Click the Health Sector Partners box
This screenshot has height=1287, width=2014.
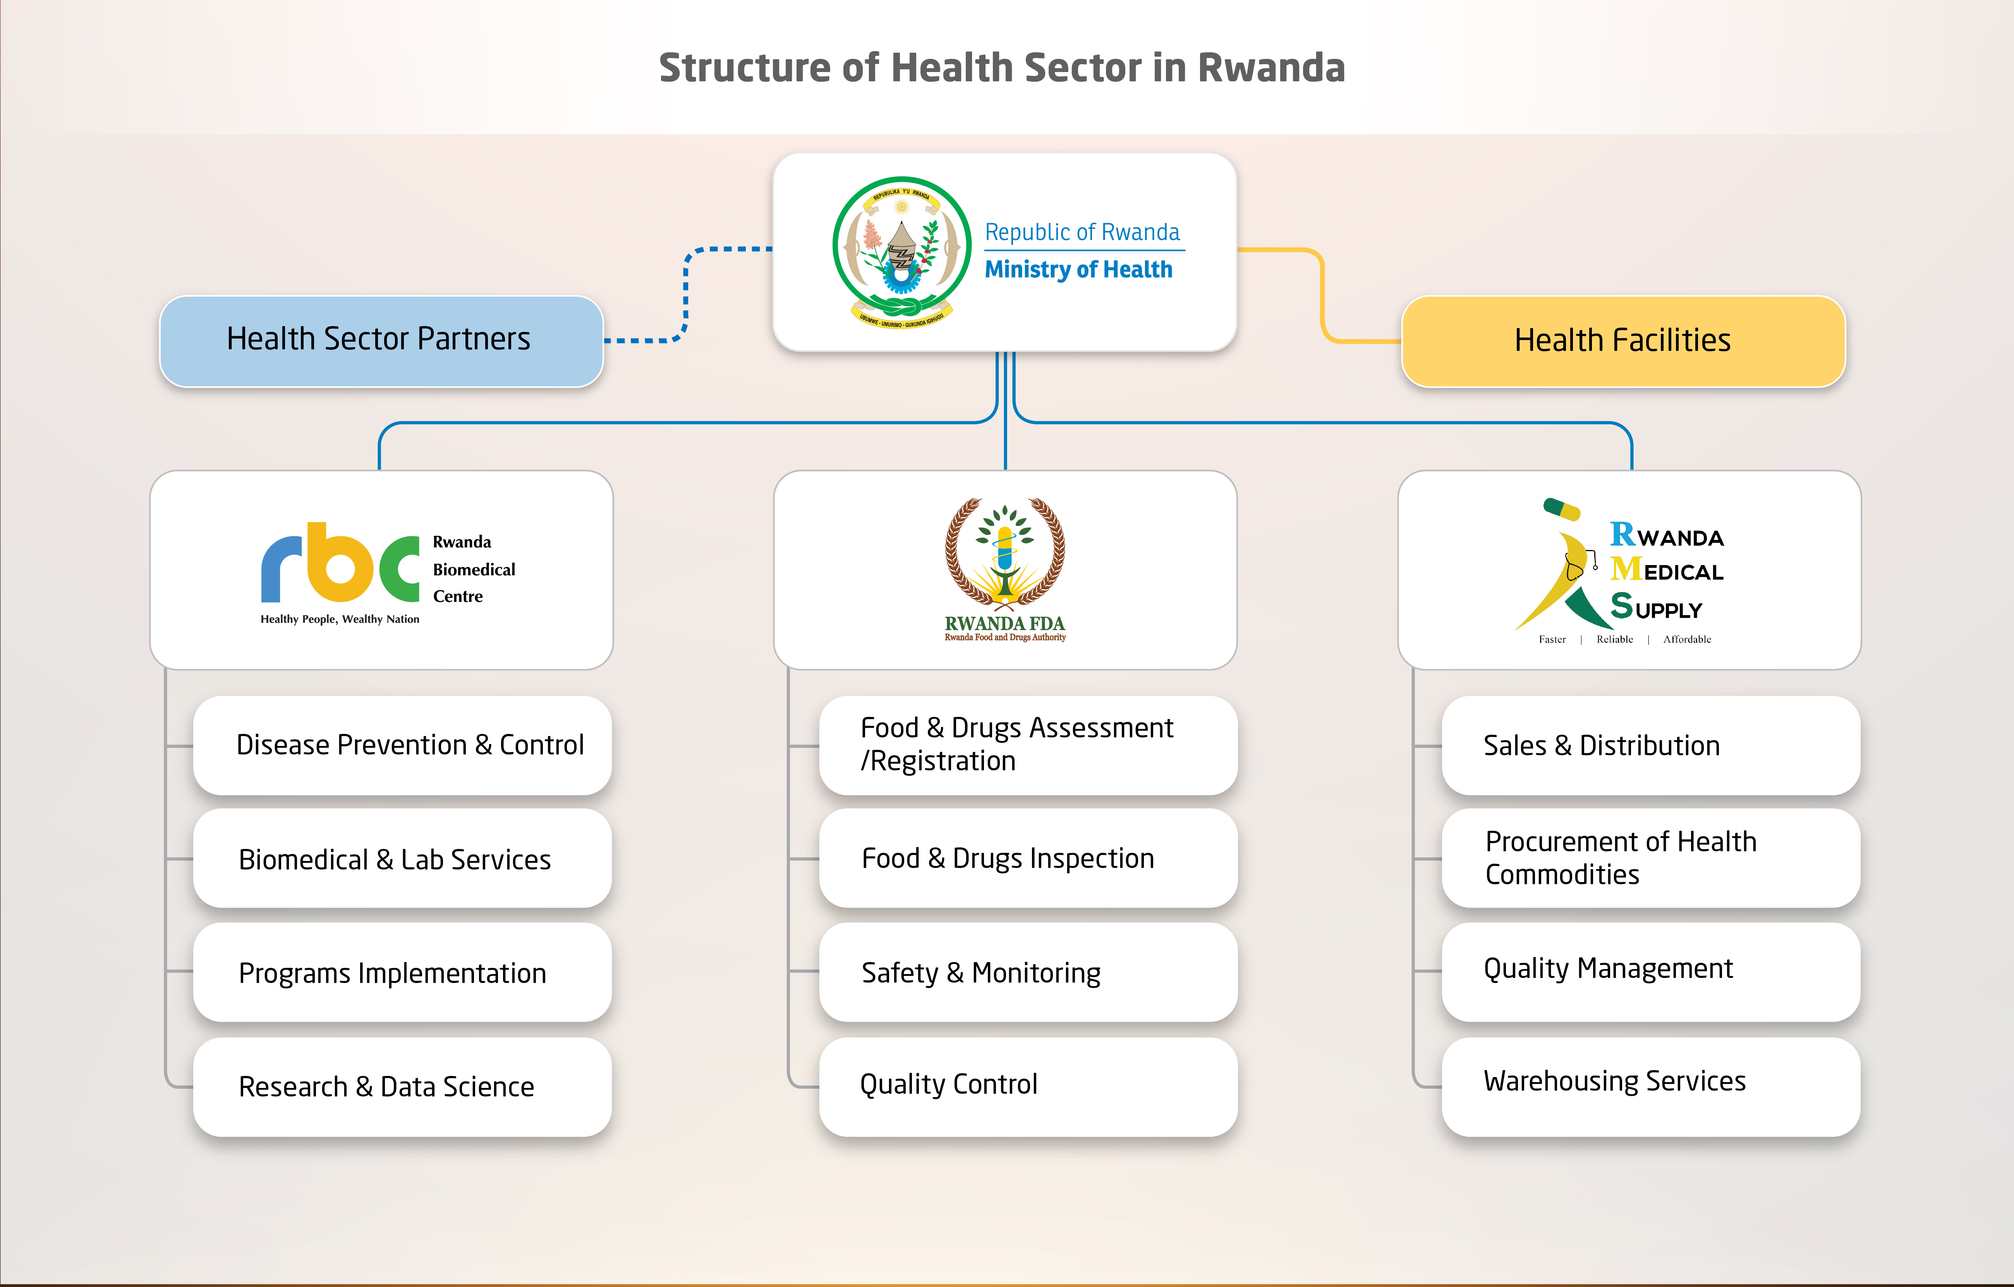pyautogui.click(x=381, y=340)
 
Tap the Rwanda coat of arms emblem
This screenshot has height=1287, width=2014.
pyautogui.click(x=901, y=251)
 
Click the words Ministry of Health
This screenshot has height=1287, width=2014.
pyautogui.click(x=1078, y=269)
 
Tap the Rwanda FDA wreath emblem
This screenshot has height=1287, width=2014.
pyautogui.click(x=1004, y=552)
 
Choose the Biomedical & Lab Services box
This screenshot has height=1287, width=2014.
pyautogui.click(x=402, y=859)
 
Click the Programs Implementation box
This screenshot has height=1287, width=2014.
pyautogui.click(x=402, y=973)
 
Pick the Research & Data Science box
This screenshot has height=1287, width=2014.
pyautogui.click(x=402, y=1086)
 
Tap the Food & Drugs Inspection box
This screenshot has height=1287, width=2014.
pyautogui.click(x=1028, y=858)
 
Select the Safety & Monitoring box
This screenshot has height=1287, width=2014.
pyautogui.click(x=1028, y=973)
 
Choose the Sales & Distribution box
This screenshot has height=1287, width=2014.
pyautogui.click(x=1650, y=745)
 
